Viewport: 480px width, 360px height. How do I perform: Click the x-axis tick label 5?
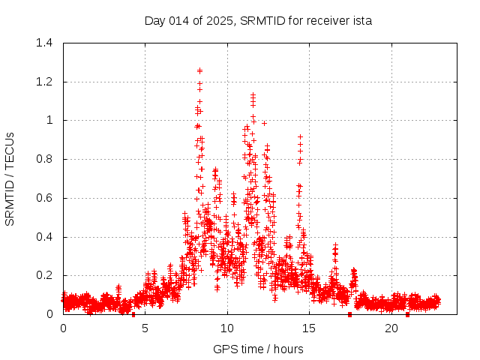[145, 328]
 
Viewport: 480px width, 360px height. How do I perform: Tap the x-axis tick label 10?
[227, 328]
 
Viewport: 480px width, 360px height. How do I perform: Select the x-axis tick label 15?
[310, 328]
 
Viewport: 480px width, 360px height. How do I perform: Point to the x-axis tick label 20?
[391, 328]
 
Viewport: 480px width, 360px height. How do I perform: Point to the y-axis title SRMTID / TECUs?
[10, 178]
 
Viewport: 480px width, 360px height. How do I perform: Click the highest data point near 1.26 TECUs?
[199, 70]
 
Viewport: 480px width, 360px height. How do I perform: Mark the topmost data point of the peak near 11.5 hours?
[253, 94]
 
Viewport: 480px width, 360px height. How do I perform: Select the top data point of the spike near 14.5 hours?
[300, 136]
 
